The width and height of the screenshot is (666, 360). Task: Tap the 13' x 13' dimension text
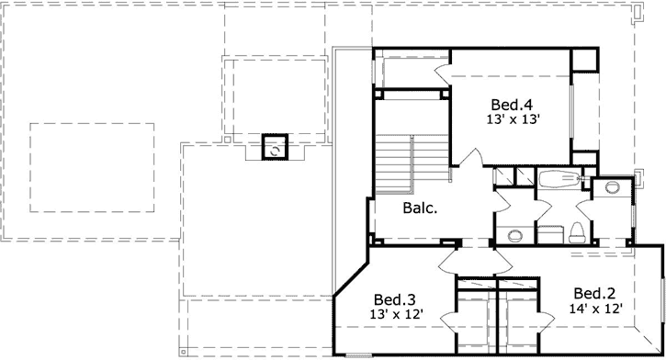pyautogui.click(x=512, y=118)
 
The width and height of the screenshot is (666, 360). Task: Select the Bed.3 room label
pyautogui.click(x=394, y=299)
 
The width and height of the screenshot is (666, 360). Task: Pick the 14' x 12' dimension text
pyautogui.click(x=596, y=309)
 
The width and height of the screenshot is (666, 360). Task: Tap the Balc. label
pyautogui.click(x=420, y=208)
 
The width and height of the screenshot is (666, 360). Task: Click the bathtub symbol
pyautogui.click(x=555, y=179)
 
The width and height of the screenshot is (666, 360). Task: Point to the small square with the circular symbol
pyautogui.click(x=275, y=147)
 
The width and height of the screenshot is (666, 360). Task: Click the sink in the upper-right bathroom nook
pyautogui.click(x=612, y=188)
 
